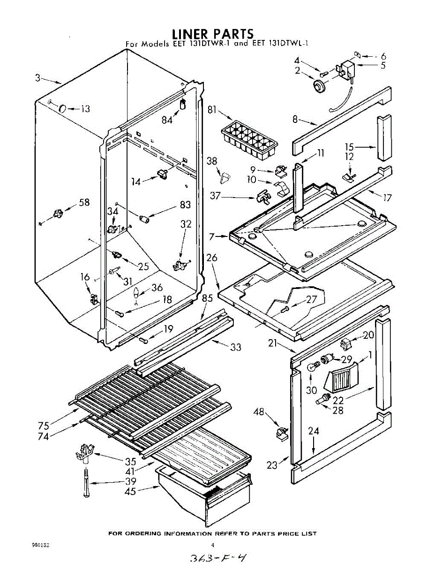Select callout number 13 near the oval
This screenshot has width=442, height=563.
tap(85, 109)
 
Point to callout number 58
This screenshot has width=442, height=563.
tap(84, 202)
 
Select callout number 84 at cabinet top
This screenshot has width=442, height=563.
tap(167, 120)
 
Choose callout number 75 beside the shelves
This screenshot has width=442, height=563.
tap(44, 426)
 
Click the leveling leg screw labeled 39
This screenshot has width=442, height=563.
tap(86, 483)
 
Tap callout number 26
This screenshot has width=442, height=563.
tap(212, 258)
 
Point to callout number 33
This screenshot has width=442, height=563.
tap(236, 347)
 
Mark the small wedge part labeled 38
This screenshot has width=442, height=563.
tap(225, 177)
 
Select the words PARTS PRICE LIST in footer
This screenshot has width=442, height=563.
tap(285, 533)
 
